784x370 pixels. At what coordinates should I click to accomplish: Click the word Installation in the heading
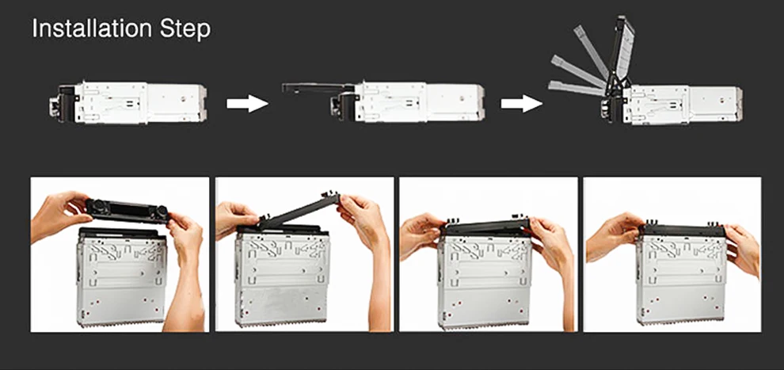[92, 29]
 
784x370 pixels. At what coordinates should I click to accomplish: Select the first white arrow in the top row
[248, 104]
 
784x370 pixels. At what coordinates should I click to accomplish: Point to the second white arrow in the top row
[522, 104]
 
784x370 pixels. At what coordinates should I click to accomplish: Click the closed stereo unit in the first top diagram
[128, 103]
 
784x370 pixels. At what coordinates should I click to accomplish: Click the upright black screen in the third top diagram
[620, 55]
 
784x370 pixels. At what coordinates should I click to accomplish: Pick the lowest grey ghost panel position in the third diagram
[575, 87]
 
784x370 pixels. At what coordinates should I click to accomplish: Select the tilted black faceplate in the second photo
[299, 212]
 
